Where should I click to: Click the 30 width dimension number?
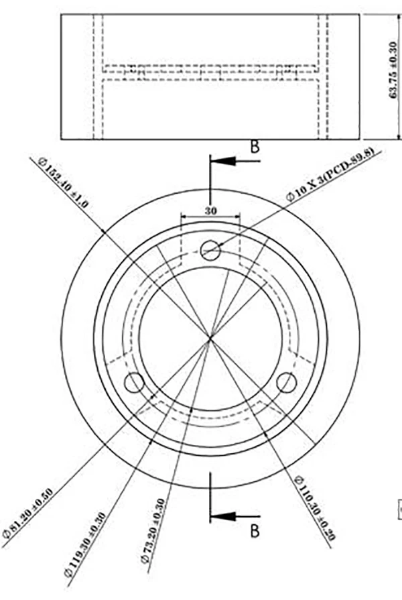coord(211,209)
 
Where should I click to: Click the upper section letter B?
coord(255,147)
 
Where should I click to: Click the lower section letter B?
coord(255,531)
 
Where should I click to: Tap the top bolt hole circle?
coord(210,250)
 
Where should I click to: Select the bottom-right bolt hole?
coord(287,383)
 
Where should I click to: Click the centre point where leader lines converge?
coord(210,339)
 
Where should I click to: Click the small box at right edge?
coord(399,509)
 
